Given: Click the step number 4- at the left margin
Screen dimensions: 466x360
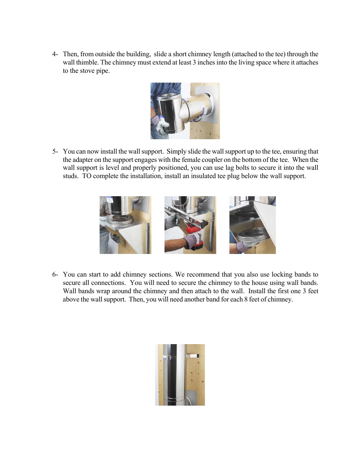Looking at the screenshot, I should (x=55, y=54).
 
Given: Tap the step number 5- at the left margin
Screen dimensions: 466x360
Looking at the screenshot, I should (x=55, y=151).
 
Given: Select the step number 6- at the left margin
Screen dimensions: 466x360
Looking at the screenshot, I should (x=55, y=274).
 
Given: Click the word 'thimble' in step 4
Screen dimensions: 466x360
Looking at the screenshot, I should (x=87, y=62).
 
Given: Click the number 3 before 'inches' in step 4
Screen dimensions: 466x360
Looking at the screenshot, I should (x=194, y=62).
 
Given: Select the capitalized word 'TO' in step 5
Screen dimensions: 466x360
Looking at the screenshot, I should (x=87, y=176).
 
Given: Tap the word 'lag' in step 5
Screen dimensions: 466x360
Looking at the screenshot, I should (x=229, y=168).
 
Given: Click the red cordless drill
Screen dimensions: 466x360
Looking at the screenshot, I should (x=193, y=231).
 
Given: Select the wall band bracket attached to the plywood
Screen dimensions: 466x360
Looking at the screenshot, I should (x=193, y=355).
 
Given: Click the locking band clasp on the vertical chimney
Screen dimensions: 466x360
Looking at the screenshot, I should (x=169, y=357).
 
